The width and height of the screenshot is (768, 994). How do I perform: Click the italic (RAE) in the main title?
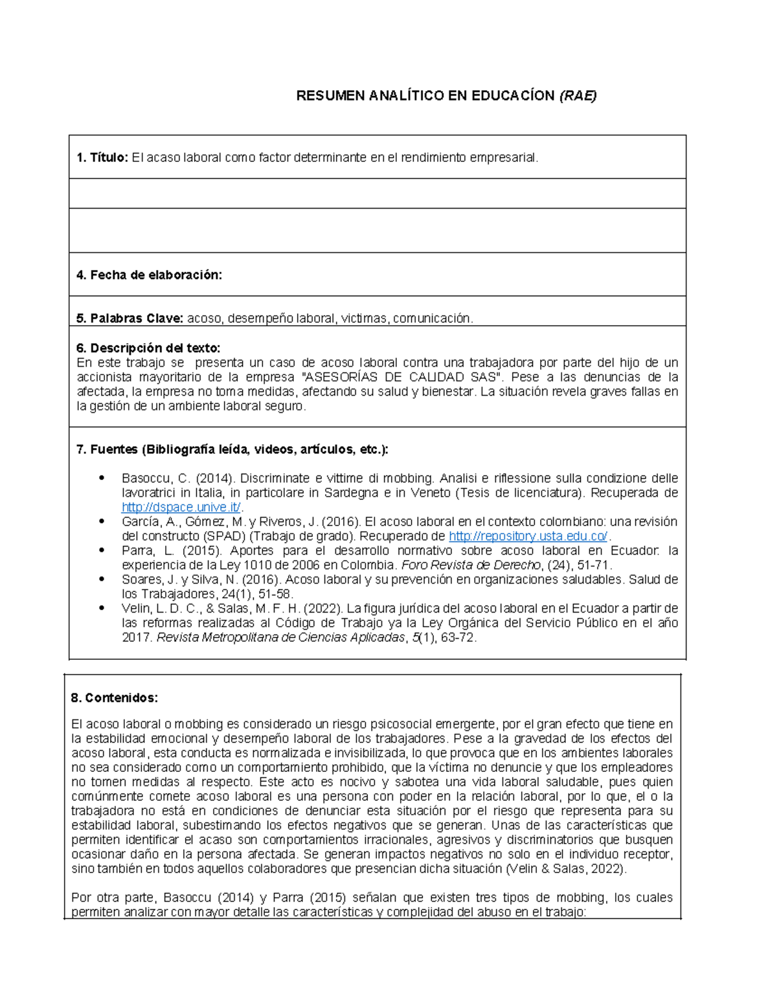[x=577, y=96]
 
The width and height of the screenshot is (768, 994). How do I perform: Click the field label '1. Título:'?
[x=102, y=157]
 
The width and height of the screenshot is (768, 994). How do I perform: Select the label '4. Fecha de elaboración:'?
[x=148, y=275]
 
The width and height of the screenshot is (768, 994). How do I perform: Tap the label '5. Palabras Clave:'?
[x=130, y=318]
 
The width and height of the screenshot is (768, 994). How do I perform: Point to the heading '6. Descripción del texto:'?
[x=148, y=348]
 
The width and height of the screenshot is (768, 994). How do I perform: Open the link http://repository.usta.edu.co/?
[x=528, y=536]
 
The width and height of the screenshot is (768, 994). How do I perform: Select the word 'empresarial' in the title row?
[x=503, y=157]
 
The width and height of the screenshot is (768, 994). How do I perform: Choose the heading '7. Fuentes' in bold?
[x=107, y=449]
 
